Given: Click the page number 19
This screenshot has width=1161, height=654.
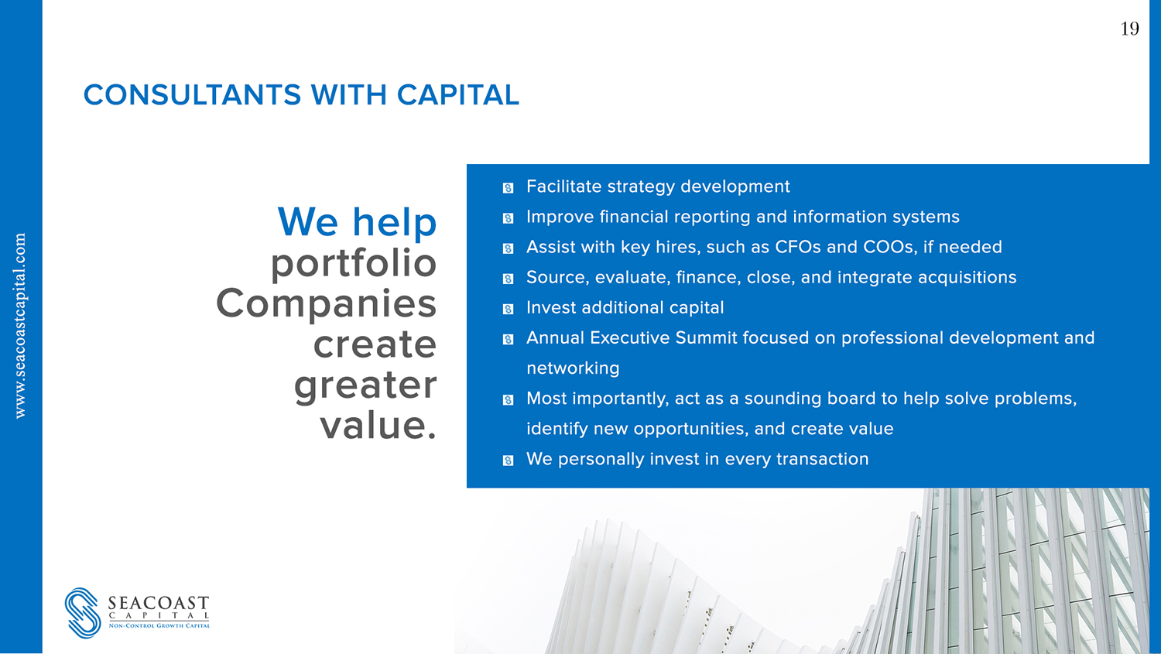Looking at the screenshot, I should [x=1129, y=29].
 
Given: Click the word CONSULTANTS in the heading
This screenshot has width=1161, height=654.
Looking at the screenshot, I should [x=192, y=95].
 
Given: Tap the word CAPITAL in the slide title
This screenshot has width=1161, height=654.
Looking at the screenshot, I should [x=457, y=95].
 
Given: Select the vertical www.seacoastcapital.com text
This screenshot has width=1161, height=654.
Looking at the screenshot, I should [x=21, y=326].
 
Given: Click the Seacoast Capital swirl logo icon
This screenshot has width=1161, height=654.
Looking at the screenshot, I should [x=83, y=612].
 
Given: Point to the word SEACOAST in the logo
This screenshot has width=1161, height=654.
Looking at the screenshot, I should [x=159, y=603].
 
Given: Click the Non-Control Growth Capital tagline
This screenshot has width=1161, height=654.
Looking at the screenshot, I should [x=159, y=625].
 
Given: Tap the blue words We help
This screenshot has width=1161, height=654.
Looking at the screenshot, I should [x=357, y=222].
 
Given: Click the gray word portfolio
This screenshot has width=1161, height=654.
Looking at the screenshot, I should [x=353, y=263].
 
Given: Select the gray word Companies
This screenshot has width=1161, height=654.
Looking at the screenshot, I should [x=326, y=303].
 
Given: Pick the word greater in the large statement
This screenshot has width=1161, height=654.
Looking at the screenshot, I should [x=365, y=385].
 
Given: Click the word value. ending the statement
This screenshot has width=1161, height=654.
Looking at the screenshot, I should [x=378, y=425].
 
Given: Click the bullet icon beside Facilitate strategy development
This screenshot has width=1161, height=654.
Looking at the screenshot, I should [x=508, y=188].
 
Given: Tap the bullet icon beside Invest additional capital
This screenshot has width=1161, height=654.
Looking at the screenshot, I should [x=508, y=309].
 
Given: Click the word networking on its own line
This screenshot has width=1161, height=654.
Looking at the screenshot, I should [x=573, y=368].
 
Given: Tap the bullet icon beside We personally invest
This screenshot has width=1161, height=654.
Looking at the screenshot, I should [x=508, y=461].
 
